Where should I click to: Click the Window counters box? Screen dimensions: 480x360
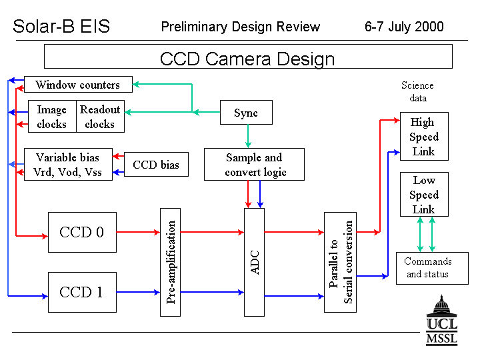click(x=78, y=84)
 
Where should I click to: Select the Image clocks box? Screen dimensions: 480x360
click(x=52, y=116)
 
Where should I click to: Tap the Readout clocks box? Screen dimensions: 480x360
click(x=100, y=116)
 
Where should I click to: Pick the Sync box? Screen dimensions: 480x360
click(x=246, y=113)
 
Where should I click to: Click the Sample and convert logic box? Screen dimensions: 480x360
click(x=254, y=165)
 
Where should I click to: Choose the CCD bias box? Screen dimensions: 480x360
click(x=156, y=165)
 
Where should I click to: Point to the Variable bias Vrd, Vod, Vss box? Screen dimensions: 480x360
click(x=68, y=165)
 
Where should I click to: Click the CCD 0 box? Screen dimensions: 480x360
click(x=82, y=233)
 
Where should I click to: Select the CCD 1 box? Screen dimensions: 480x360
click(x=82, y=293)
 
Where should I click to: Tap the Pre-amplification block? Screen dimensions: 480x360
click(x=170, y=263)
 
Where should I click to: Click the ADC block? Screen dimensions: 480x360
click(x=254, y=263)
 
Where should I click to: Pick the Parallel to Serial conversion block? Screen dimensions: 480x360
click(x=340, y=263)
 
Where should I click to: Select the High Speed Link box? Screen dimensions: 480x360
click(x=424, y=136)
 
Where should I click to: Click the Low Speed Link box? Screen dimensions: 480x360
click(x=424, y=195)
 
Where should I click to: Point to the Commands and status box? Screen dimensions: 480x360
click(x=432, y=269)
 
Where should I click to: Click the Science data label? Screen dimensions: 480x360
click(x=417, y=91)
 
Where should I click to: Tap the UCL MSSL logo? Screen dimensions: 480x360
click(x=441, y=321)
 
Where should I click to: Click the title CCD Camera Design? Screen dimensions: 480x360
click(x=247, y=59)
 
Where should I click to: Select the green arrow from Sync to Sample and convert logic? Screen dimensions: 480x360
click(x=248, y=136)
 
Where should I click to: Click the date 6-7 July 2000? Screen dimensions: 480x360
click(x=404, y=27)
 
